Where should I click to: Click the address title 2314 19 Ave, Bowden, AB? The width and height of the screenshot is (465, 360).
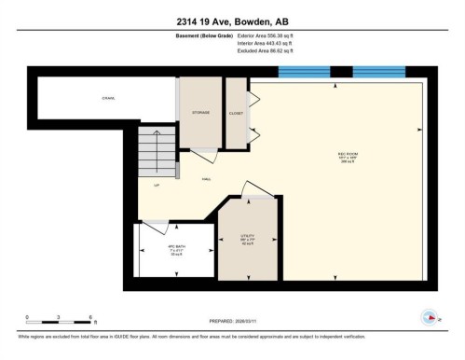tap(232, 21)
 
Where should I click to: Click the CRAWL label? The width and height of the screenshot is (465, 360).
tap(108, 97)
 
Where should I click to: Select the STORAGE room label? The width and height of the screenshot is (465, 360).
tap(200, 113)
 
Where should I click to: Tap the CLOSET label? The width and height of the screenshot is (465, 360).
tap(236, 113)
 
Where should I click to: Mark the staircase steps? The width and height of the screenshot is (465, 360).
tap(157, 151)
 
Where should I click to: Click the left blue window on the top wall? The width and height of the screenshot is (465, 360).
tap(305, 72)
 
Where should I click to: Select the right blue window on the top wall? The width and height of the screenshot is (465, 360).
tap(378, 72)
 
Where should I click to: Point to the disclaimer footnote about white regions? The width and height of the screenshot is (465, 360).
tap(232, 338)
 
